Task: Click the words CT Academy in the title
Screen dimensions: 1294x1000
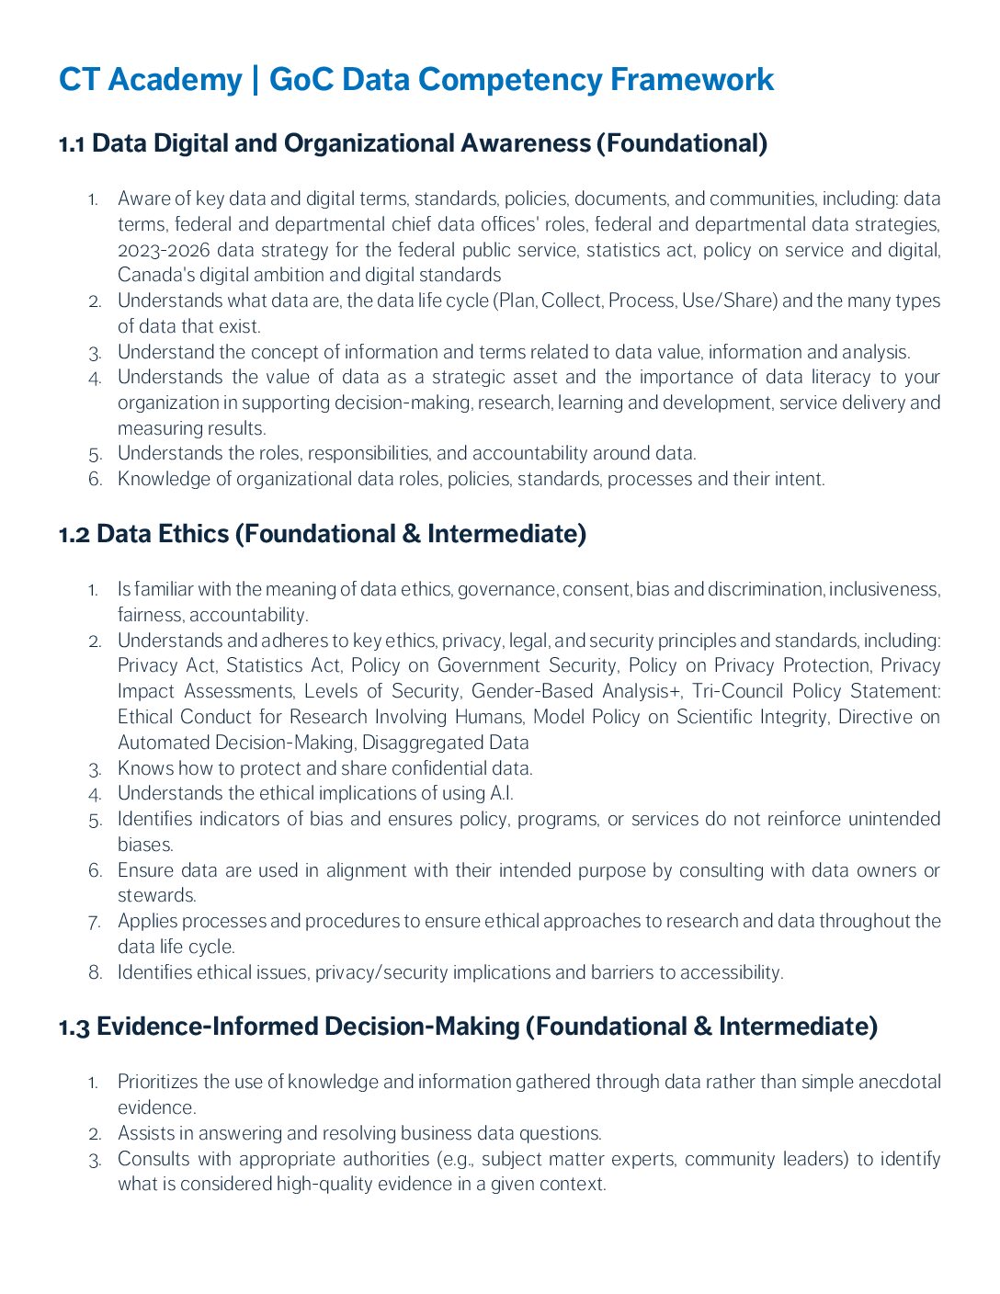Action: (150, 80)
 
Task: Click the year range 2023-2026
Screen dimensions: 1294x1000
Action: (163, 250)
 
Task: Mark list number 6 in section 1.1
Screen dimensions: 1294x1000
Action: (96, 479)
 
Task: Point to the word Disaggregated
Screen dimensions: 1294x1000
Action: (421, 743)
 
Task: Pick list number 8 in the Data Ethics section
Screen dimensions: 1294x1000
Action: (96, 972)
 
